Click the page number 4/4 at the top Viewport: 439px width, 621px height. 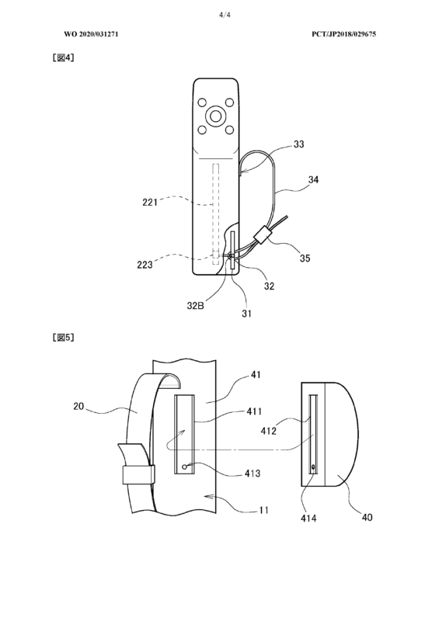point(225,15)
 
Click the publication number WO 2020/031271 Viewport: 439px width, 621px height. point(91,34)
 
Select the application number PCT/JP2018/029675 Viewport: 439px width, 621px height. point(343,34)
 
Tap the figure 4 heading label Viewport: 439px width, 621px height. point(64,57)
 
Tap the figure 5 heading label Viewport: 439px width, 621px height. point(64,337)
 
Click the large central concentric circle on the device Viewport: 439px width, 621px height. point(215,116)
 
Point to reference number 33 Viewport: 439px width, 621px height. point(298,144)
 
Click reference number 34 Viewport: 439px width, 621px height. point(313,179)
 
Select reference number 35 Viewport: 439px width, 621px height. point(305,258)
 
